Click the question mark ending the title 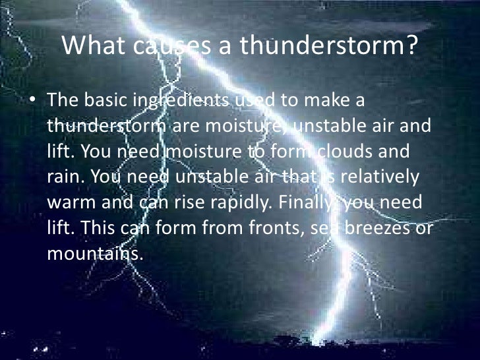tap(412, 47)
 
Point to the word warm tap(71, 202)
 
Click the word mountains tap(95, 253)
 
